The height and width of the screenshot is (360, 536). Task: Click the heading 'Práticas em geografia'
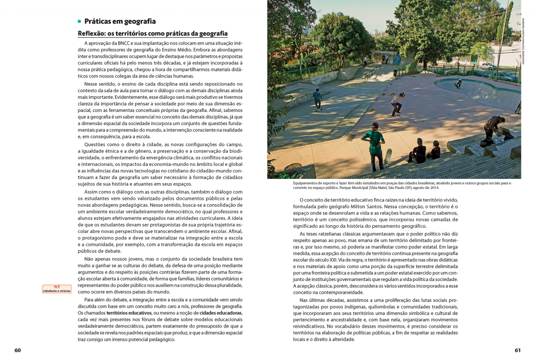[120, 21]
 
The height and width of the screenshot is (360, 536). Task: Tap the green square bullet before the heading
[80, 21]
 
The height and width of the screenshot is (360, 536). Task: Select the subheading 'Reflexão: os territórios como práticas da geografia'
[152, 33]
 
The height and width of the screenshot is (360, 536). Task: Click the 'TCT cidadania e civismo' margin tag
[57, 289]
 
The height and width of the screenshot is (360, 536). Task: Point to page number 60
[17, 350]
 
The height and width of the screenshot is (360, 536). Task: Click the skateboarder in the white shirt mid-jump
[397, 103]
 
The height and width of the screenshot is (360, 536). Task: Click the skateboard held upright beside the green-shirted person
[388, 156]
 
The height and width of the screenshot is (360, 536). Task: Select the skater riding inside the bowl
[459, 83]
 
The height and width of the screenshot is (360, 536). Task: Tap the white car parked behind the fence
[487, 66]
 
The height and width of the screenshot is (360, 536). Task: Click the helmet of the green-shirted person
[375, 126]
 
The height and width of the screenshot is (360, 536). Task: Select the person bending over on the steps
[493, 126]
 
